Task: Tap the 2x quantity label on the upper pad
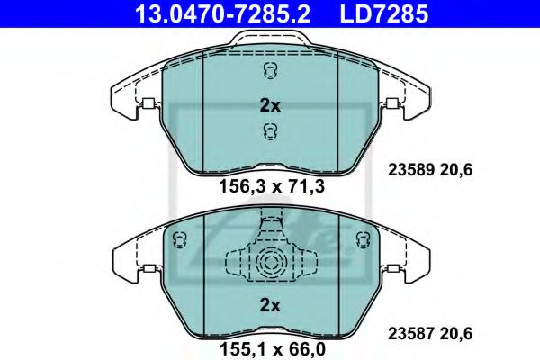pos(270,105)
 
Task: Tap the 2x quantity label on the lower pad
pos(270,306)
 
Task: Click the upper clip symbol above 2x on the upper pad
pos(269,72)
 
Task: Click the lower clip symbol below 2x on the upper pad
pos(269,132)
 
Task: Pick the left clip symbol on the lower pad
pos(177,238)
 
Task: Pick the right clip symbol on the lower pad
pos(363,238)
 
